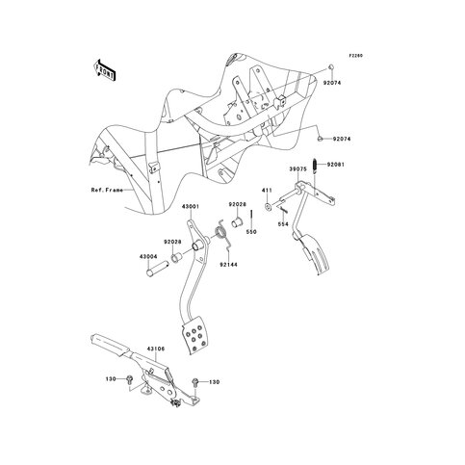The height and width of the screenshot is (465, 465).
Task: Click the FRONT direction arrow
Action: [104, 69]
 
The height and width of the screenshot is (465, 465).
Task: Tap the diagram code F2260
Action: [356, 56]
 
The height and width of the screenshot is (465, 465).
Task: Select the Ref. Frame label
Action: [107, 190]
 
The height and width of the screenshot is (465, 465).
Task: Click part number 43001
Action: [191, 206]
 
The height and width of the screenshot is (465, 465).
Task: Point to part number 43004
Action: [148, 256]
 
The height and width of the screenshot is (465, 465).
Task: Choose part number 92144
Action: [228, 265]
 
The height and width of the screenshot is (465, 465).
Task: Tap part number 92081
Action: [336, 165]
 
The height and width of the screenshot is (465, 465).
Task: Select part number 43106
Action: [156, 349]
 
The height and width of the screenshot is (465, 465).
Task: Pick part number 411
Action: [267, 191]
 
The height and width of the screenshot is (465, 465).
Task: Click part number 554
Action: [283, 224]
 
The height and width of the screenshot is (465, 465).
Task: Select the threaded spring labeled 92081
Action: [315, 165]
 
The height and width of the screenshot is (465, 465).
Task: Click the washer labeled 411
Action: [269, 206]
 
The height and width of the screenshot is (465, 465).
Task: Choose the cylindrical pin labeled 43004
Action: [157, 269]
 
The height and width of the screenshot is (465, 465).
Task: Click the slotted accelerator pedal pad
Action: [317, 255]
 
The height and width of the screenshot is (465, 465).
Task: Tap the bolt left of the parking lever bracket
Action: [130, 379]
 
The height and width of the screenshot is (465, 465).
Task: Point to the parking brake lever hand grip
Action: [110, 345]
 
